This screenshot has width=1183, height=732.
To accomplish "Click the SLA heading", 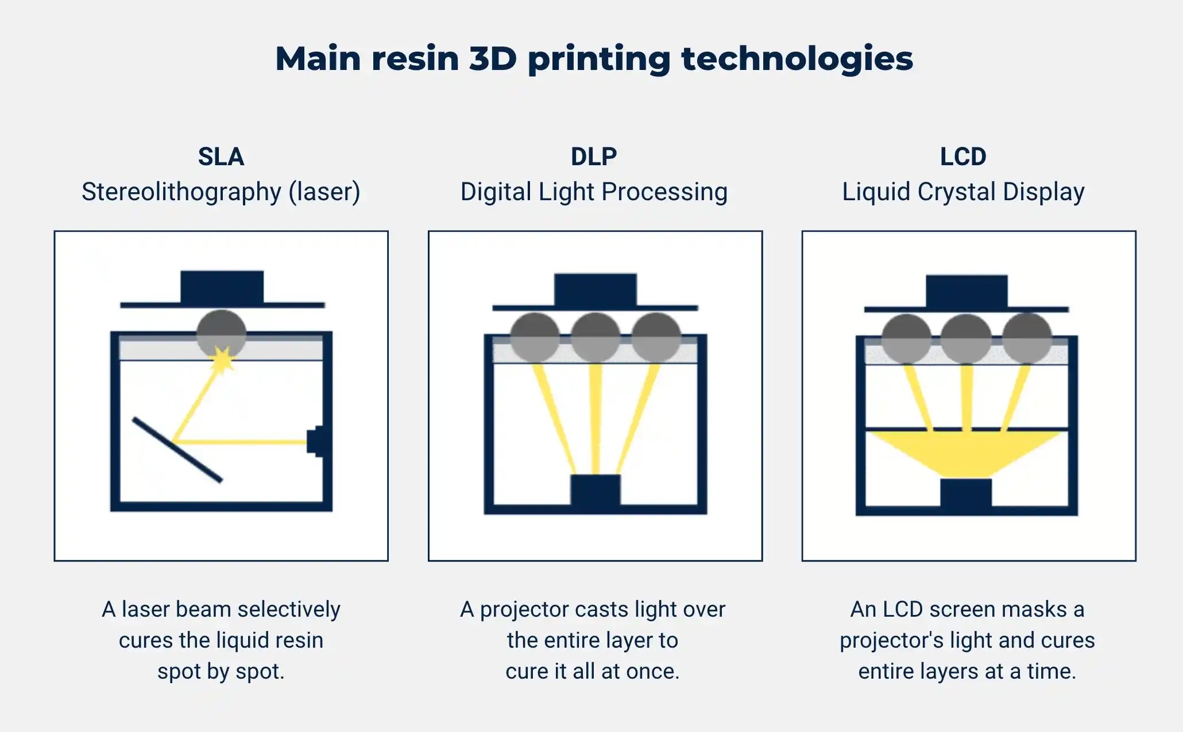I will click(221, 157).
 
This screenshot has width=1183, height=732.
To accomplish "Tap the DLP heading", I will click(594, 157).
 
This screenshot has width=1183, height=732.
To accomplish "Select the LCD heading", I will click(963, 157).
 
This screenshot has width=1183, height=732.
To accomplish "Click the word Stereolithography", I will click(181, 192).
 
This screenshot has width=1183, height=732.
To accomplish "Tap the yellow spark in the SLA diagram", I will click(222, 360).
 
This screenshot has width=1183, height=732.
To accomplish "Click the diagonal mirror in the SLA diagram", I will click(177, 450).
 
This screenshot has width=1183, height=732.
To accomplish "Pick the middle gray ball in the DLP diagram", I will click(596, 337).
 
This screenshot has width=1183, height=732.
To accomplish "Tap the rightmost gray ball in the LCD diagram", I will click(1027, 338).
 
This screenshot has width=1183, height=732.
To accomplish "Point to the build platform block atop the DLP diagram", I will click(596, 290).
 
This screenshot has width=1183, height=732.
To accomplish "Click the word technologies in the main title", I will click(797, 59).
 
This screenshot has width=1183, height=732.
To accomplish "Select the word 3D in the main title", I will click(493, 59).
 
